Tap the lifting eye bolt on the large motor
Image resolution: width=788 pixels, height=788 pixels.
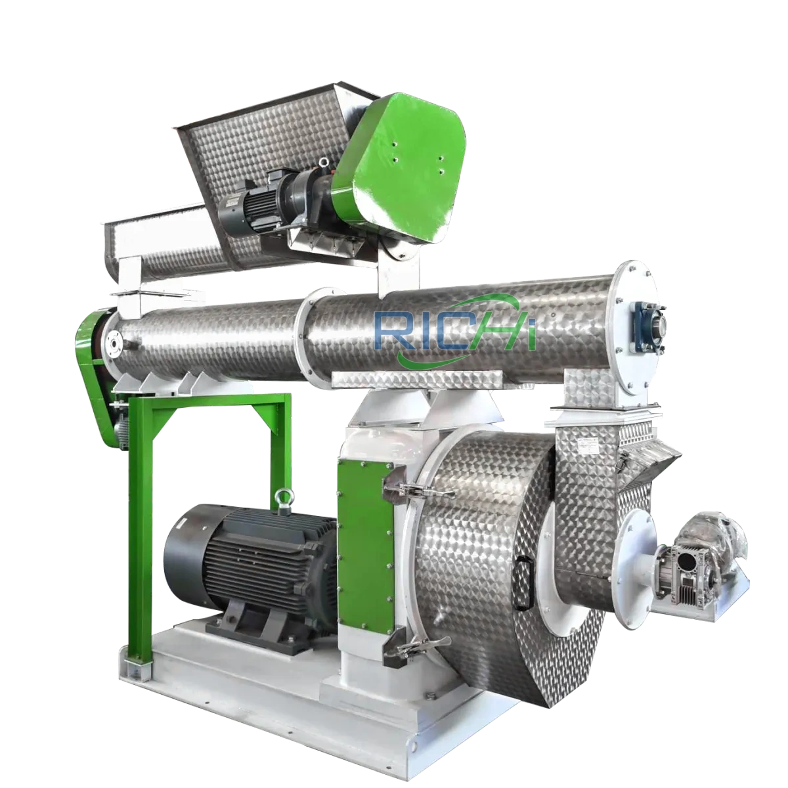pos(284,499)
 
